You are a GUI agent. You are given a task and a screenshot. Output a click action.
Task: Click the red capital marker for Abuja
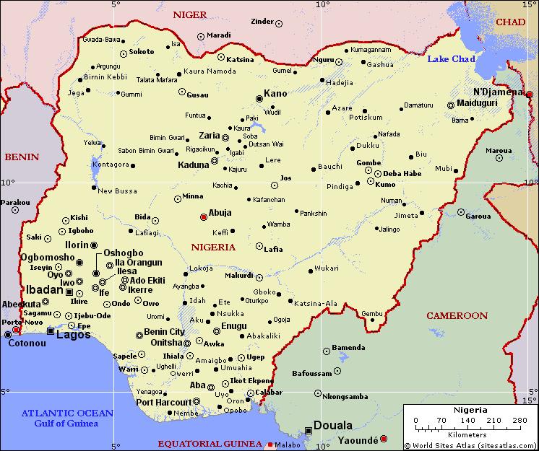click(204, 216)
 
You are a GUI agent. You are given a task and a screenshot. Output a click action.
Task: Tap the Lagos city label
click(74, 334)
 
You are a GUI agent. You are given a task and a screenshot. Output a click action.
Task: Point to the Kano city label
click(275, 93)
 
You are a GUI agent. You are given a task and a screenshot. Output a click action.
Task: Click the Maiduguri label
click(478, 103)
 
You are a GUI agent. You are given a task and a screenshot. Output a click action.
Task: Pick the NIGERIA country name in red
click(213, 247)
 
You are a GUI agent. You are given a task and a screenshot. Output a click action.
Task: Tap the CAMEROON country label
click(457, 316)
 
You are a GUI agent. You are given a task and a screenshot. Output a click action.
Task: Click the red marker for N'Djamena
click(529, 95)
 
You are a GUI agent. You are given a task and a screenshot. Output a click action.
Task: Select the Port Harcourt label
click(165, 402)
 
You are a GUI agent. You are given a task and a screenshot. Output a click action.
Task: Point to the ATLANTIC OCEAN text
click(67, 413)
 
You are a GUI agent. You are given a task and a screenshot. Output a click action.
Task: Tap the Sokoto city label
click(142, 52)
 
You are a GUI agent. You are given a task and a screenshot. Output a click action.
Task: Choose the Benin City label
click(165, 332)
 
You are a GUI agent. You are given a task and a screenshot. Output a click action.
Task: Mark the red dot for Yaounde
click(384, 439)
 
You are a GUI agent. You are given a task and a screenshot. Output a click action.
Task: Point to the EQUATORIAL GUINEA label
click(210, 443)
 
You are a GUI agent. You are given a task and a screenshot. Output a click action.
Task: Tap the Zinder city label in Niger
click(262, 22)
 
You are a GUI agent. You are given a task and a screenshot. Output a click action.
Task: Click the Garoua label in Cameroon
click(478, 216)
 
